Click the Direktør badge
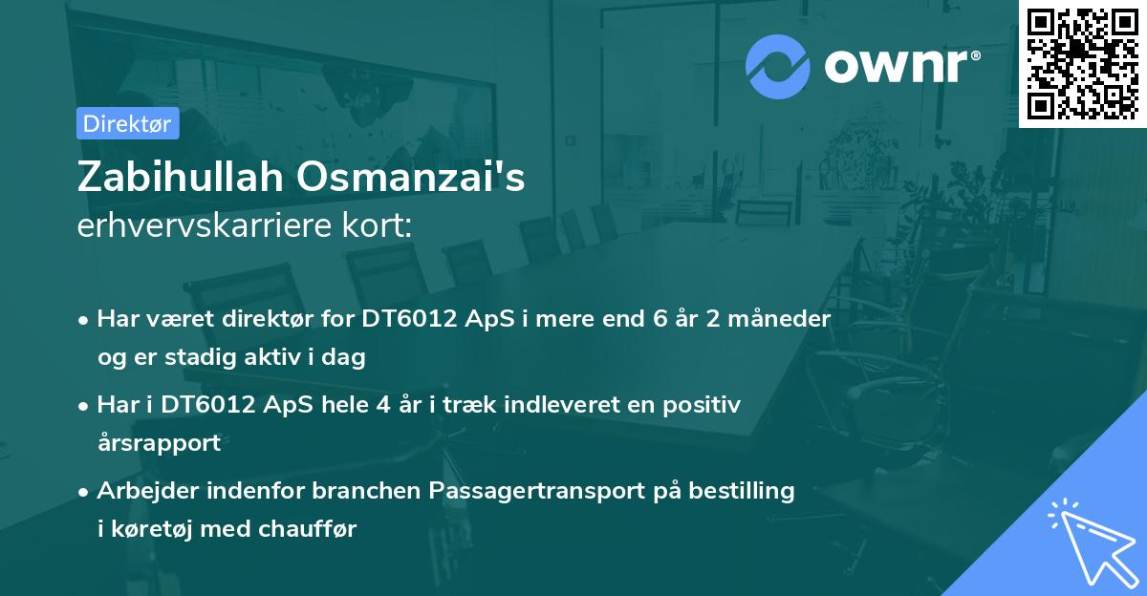[127, 123]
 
